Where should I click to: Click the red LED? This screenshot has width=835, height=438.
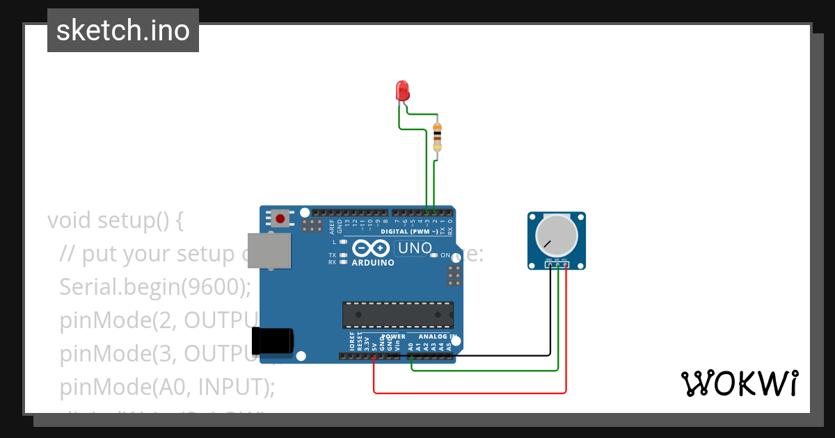coord(402,91)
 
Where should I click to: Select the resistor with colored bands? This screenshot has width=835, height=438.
coord(437,136)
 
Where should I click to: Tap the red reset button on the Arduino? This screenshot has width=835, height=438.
coord(280,219)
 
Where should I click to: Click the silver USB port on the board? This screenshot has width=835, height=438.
coord(269,250)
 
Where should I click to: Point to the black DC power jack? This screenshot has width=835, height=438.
coord(273,340)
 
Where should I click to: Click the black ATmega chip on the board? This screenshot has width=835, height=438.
coord(397,314)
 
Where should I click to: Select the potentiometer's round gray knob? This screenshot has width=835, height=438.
coord(556,236)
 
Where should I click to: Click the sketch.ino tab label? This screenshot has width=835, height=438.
coord(123,31)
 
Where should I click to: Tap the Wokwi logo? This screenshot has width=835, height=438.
coord(740,384)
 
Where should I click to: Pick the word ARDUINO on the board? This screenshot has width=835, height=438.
coord(373,263)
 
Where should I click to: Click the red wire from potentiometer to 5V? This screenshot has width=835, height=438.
coord(470,393)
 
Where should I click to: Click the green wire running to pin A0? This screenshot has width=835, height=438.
coord(487,371)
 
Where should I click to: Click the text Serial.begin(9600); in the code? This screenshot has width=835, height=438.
coord(154,286)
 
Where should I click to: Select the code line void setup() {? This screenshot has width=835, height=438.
coord(116,220)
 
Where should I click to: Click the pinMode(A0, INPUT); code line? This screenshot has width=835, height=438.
coord(167,386)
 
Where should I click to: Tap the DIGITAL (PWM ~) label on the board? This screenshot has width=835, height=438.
coord(410,231)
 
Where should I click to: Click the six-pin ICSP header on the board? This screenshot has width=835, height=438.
coord(454,275)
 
